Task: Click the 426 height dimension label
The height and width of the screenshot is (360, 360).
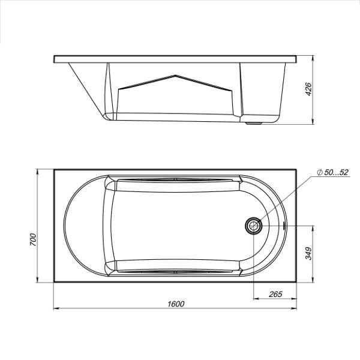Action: coord(309,89)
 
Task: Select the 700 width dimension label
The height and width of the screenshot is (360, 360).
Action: coord(33,239)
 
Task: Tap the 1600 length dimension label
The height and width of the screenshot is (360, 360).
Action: coord(176,304)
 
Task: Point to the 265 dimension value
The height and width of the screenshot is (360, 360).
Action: coord(275,294)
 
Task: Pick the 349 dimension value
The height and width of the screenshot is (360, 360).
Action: coord(308,253)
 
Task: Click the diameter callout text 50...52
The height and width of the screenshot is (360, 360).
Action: coord(336,172)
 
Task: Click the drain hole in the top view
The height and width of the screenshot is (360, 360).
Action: coord(253,226)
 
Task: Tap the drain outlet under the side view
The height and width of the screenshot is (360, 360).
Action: coord(253,123)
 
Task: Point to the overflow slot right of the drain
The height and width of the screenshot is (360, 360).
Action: coord(284,226)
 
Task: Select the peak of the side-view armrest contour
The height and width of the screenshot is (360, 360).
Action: coord(175,76)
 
